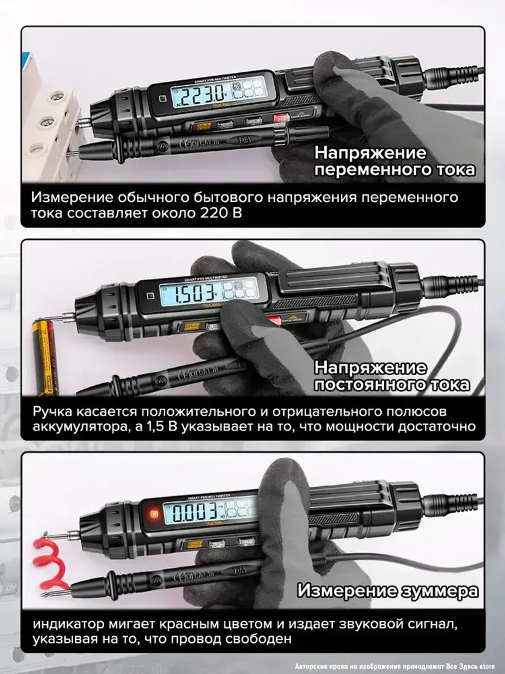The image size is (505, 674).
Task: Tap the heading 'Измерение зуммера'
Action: (x=387, y=591)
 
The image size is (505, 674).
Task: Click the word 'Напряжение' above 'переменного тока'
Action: (x=370, y=153)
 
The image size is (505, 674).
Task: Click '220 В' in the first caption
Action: (x=221, y=213)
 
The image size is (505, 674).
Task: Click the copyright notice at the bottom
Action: (x=394, y=667)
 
